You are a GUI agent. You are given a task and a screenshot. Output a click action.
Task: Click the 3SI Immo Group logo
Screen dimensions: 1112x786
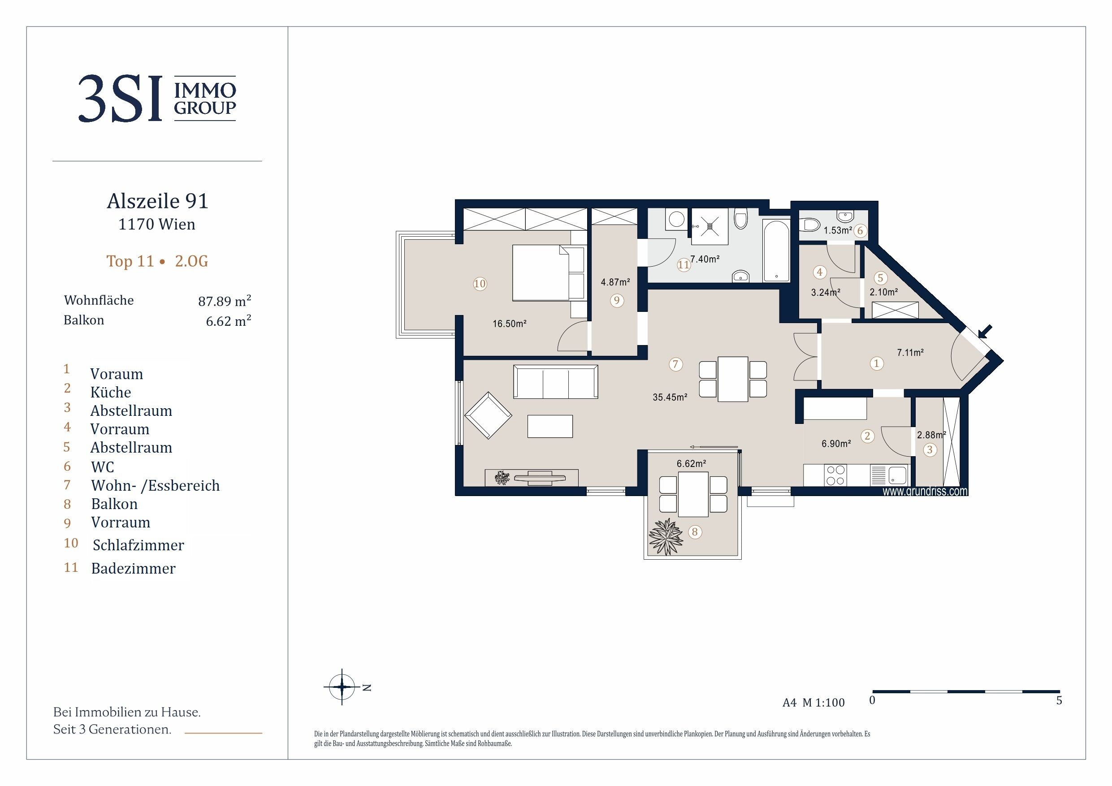coord(157,98)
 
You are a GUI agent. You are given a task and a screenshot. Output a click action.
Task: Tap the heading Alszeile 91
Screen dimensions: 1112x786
coord(157,201)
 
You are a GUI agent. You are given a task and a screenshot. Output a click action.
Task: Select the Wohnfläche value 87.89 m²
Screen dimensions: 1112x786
coord(224,301)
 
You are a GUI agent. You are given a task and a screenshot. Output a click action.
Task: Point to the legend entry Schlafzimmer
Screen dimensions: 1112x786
coord(138,545)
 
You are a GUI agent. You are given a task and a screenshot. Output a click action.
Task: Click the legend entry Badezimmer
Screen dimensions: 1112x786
coord(133,568)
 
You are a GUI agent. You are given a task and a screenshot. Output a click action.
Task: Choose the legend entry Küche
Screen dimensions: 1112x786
coord(110,392)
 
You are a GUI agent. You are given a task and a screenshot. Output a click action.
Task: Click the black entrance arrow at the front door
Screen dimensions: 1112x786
coord(985,332)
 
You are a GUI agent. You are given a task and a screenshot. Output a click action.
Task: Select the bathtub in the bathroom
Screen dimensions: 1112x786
coord(776,250)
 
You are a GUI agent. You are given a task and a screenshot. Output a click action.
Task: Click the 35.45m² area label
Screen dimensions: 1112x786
coord(670,397)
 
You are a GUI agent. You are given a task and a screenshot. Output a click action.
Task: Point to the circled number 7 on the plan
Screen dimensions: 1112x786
coord(675,364)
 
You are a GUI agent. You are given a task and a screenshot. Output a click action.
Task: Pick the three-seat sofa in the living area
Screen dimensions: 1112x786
coord(555,382)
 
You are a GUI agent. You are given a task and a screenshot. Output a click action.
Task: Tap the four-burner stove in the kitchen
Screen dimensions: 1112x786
coord(835,475)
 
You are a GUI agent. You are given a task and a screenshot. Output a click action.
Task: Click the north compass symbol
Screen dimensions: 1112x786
coord(342,687)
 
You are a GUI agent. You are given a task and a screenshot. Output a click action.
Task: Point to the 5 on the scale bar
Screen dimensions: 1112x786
coord(1059,700)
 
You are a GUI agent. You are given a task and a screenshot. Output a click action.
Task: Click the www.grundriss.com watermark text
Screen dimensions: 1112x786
coord(925,491)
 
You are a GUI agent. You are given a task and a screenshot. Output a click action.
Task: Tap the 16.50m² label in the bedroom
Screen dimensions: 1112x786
coord(510,324)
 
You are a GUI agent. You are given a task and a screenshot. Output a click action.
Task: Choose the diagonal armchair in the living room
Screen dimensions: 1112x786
coord(488,415)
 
